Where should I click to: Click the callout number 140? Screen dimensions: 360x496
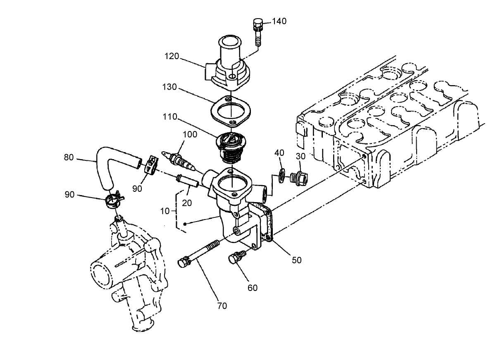tap(279, 21)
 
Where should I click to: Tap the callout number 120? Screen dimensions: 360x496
tap(172, 56)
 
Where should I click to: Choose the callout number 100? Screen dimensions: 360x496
tap(190, 135)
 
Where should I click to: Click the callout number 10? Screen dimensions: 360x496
tap(165, 211)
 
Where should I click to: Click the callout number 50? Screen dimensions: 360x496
tap(296, 260)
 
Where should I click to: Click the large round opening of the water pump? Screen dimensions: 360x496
tap(101, 275)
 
